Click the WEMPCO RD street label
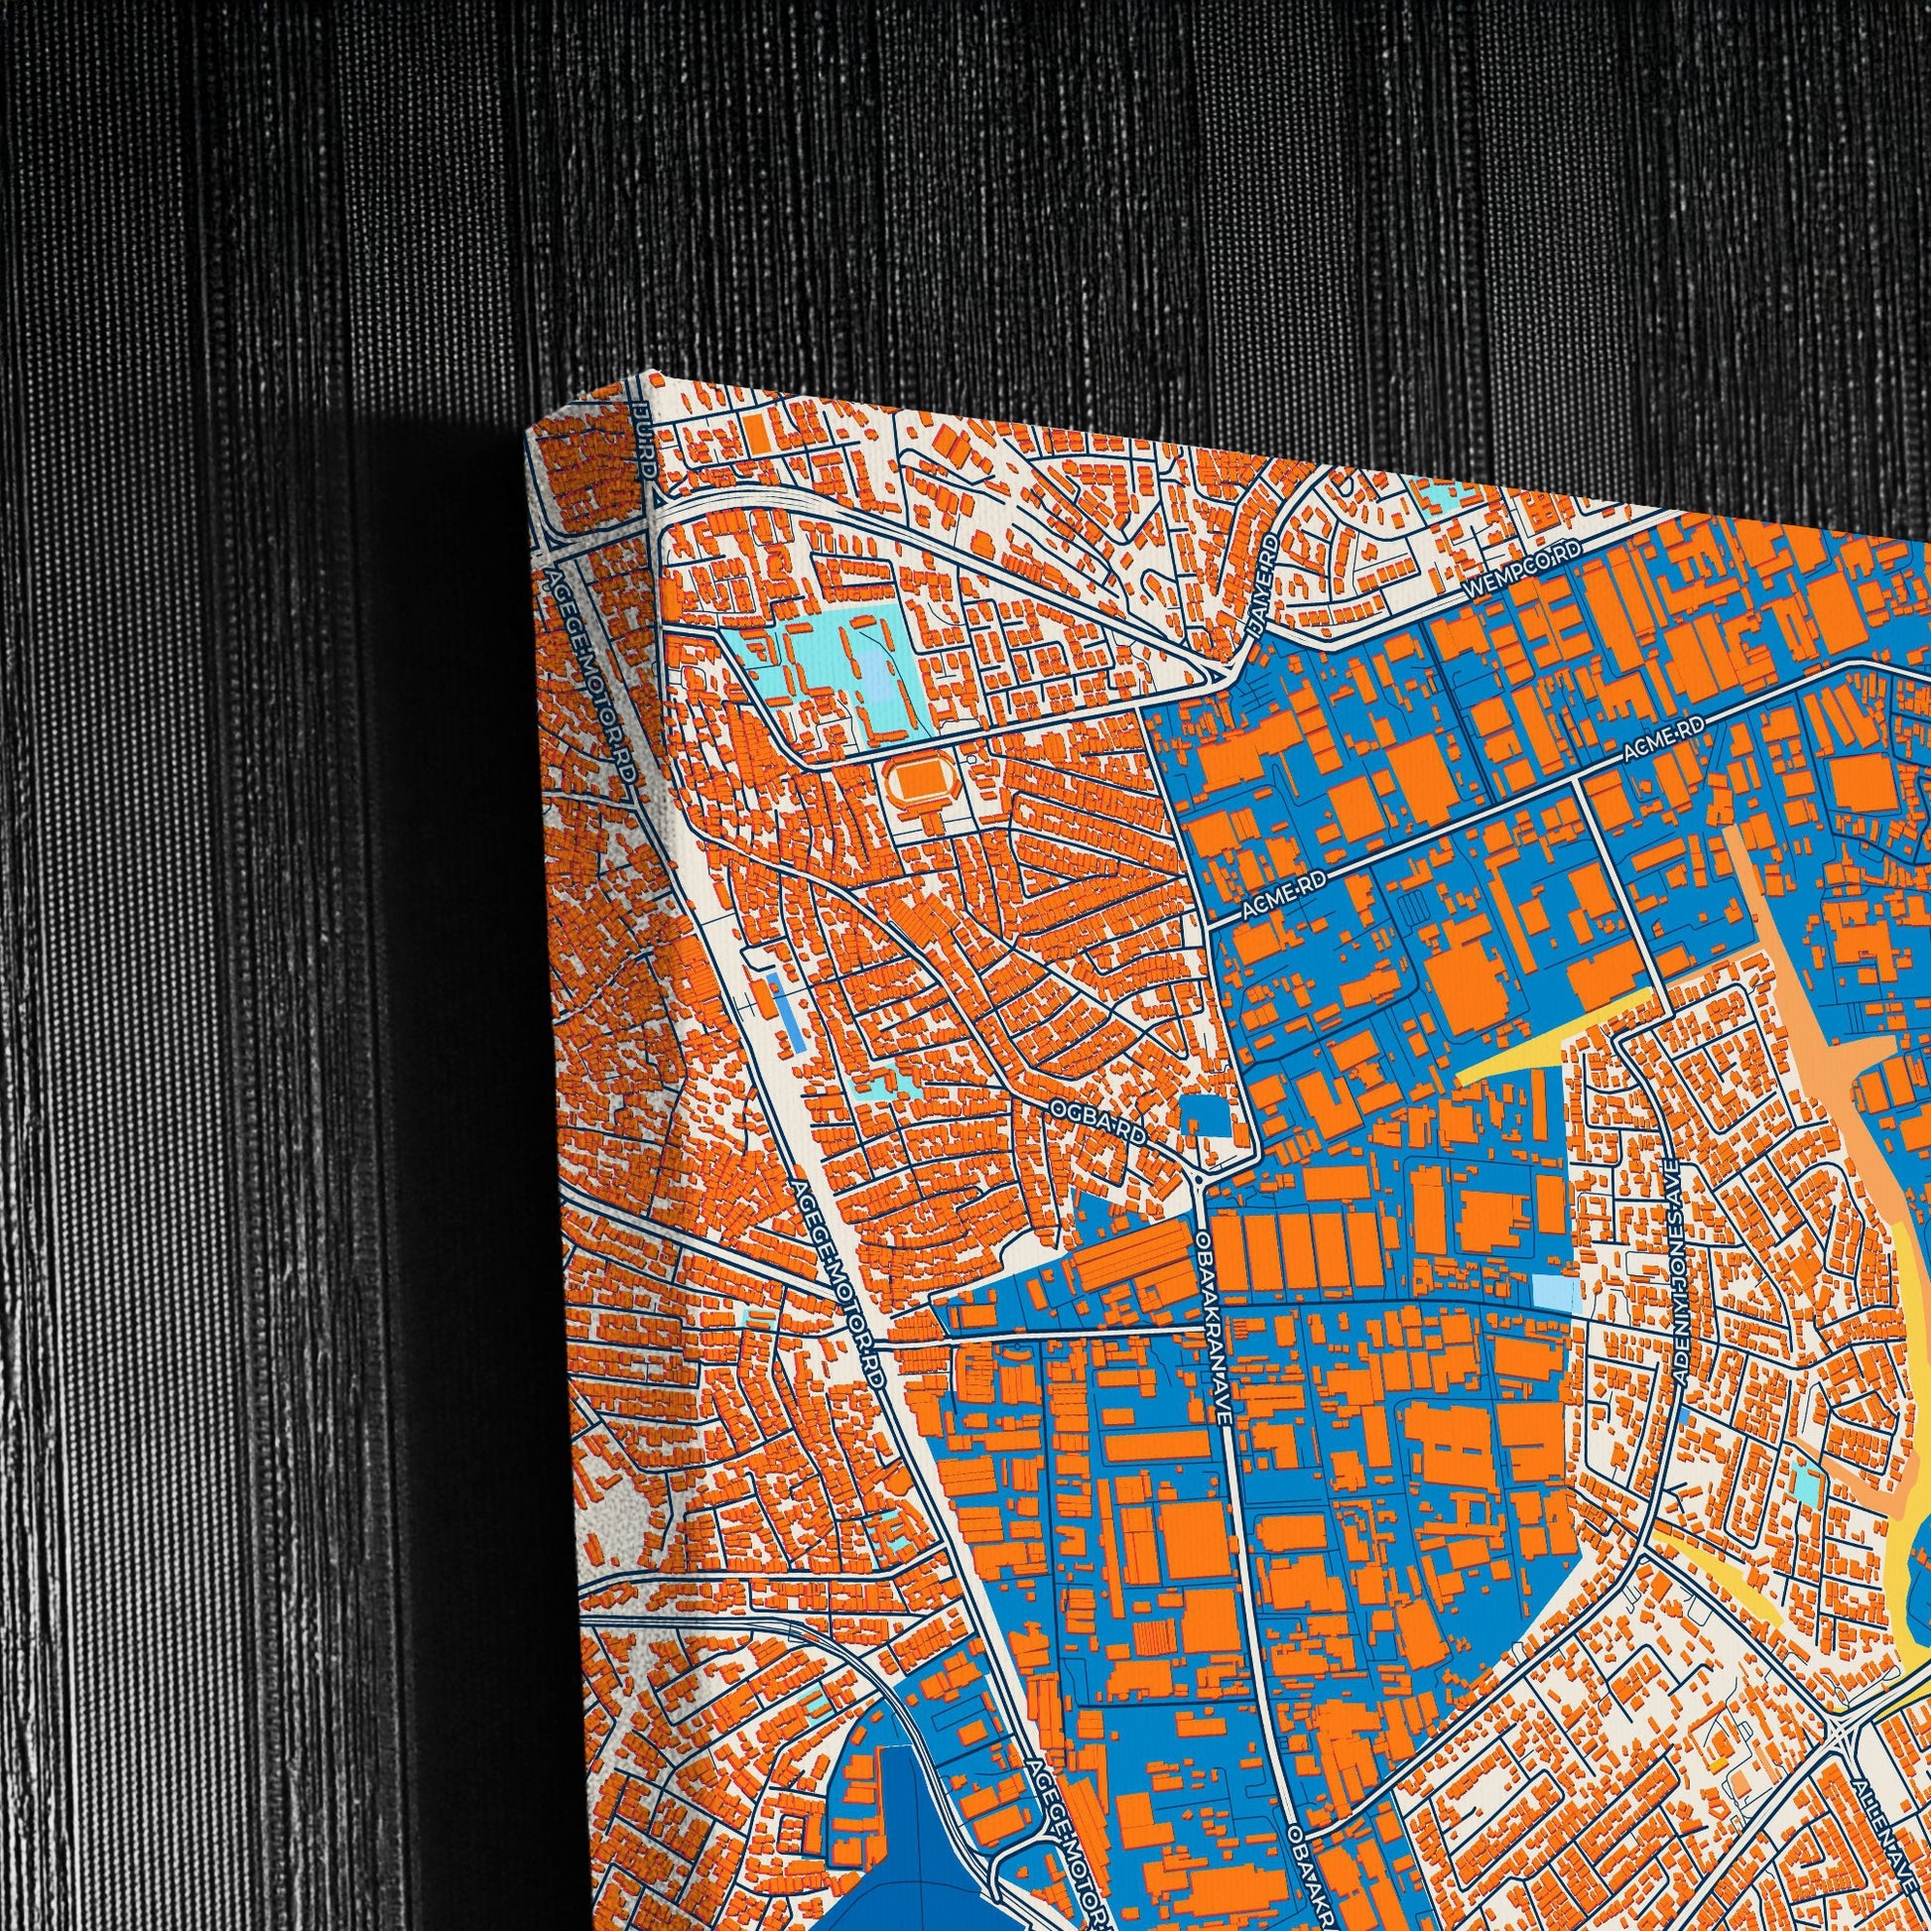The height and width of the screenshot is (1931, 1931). (1524, 571)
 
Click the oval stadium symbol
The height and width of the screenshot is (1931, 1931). (911, 783)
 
